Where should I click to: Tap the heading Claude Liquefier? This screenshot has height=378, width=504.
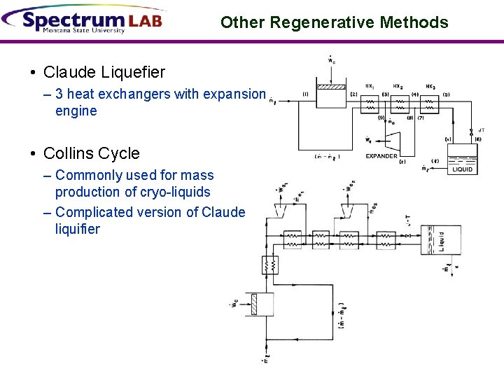[x=104, y=72]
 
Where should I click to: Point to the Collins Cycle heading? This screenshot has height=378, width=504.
[x=91, y=153]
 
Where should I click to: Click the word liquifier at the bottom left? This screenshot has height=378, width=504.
[x=77, y=229]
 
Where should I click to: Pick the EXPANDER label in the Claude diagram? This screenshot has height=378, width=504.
[x=381, y=156]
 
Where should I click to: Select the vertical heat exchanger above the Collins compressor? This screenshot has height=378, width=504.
[x=269, y=265]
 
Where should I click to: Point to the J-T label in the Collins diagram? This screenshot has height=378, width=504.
[x=409, y=223]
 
